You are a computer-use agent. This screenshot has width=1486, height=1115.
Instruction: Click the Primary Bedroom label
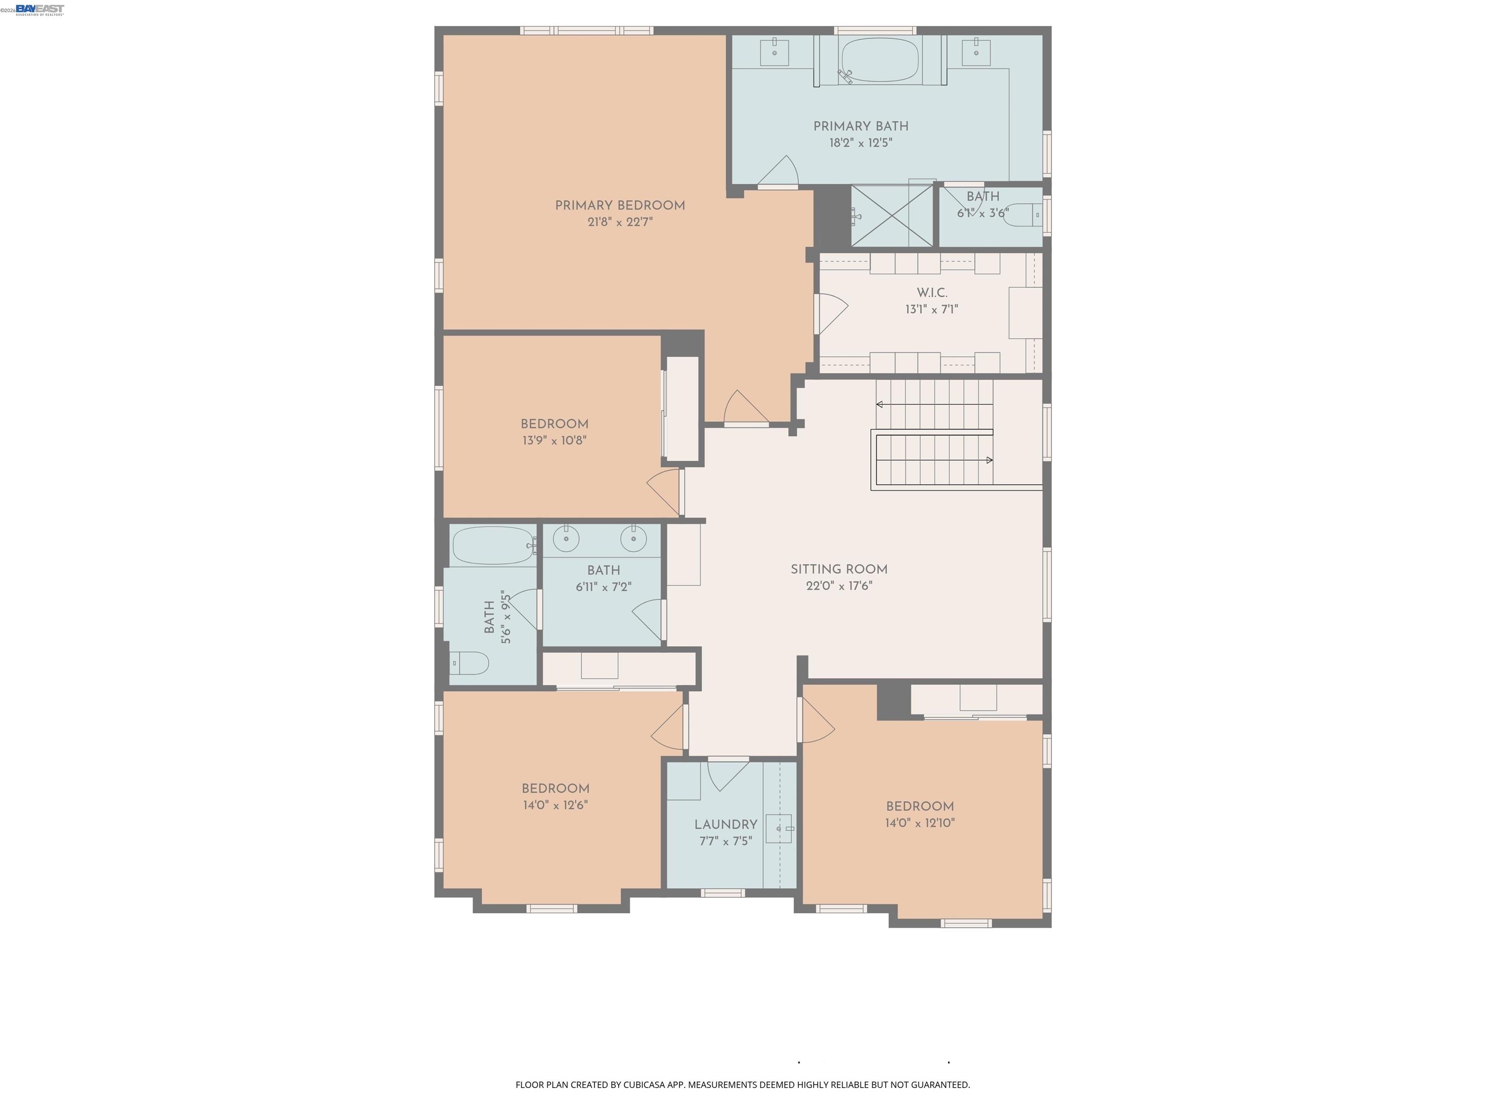pyautogui.click(x=619, y=206)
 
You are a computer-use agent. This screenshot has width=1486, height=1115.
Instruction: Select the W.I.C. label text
pyautogui.click(x=932, y=293)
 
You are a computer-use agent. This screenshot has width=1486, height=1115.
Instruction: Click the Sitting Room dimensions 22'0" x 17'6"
pyautogui.click(x=839, y=586)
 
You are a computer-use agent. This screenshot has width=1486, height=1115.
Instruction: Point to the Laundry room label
pyautogui.click(x=726, y=825)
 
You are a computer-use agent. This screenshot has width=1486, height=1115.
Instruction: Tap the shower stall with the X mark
pyautogui.click(x=892, y=216)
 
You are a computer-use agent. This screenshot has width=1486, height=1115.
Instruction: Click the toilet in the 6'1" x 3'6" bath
pyautogui.click(x=1023, y=215)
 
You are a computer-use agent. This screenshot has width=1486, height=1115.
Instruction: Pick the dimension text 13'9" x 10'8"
pyautogui.click(x=554, y=441)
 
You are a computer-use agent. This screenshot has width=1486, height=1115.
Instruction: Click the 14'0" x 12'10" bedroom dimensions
pyautogui.click(x=920, y=823)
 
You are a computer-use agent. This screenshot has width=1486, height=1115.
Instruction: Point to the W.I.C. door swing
pyautogui.click(x=832, y=314)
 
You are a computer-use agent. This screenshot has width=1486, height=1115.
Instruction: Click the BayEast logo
pyautogui.click(x=40, y=9)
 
